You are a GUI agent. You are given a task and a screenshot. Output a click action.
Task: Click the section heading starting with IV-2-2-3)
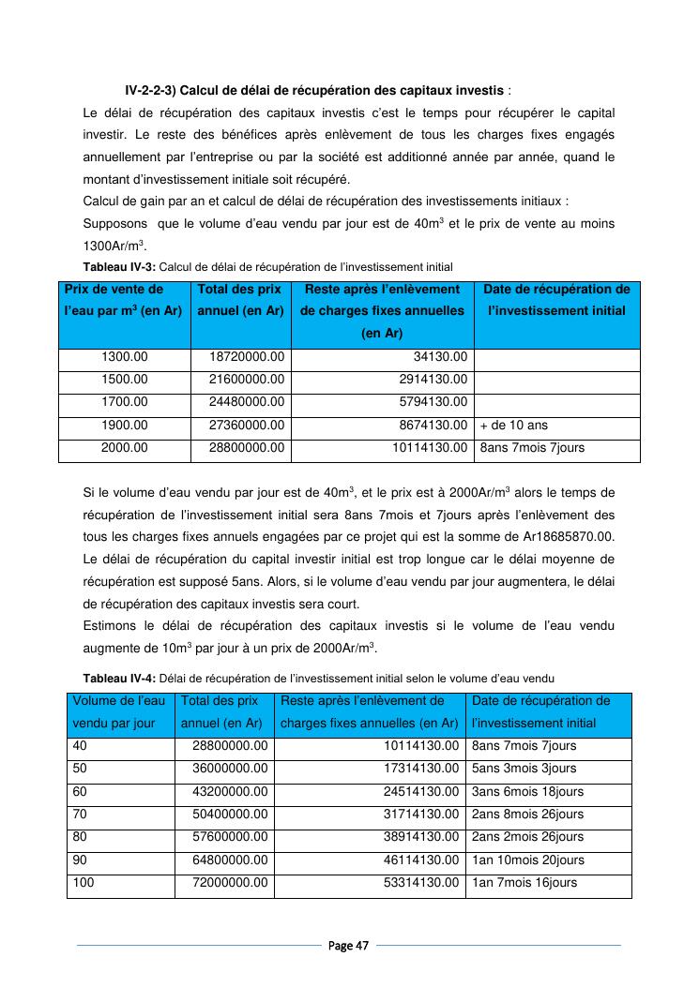318,91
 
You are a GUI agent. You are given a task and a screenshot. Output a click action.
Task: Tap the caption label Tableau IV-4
114,678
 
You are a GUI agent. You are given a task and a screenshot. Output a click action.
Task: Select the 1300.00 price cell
124,357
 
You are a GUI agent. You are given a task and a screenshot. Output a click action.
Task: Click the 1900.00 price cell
124,426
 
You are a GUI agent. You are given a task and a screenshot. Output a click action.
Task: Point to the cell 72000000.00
230,883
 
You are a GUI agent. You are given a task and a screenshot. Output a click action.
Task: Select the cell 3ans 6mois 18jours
527,792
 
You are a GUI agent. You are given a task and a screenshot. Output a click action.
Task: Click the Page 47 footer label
348,946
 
